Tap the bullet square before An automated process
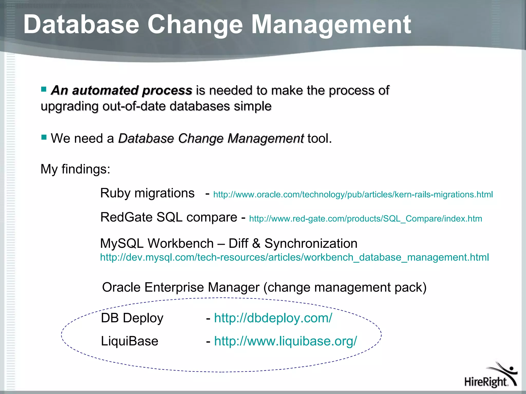coord(44,89)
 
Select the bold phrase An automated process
coord(121,91)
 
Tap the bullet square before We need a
coord(44,137)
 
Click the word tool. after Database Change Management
coord(320,139)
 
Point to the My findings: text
coord(75,169)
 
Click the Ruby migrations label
coord(147,193)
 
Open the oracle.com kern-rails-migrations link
coord(353,194)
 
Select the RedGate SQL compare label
coord(168,217)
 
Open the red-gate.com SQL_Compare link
coord(365,219)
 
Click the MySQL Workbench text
coord(157,243)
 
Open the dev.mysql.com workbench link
coord(294,257)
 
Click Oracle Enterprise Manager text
coord(181,287)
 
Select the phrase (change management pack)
coord(345,287)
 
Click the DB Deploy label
coord(132,318)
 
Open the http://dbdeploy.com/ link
coord(273,318)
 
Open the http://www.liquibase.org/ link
coord(285,341)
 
